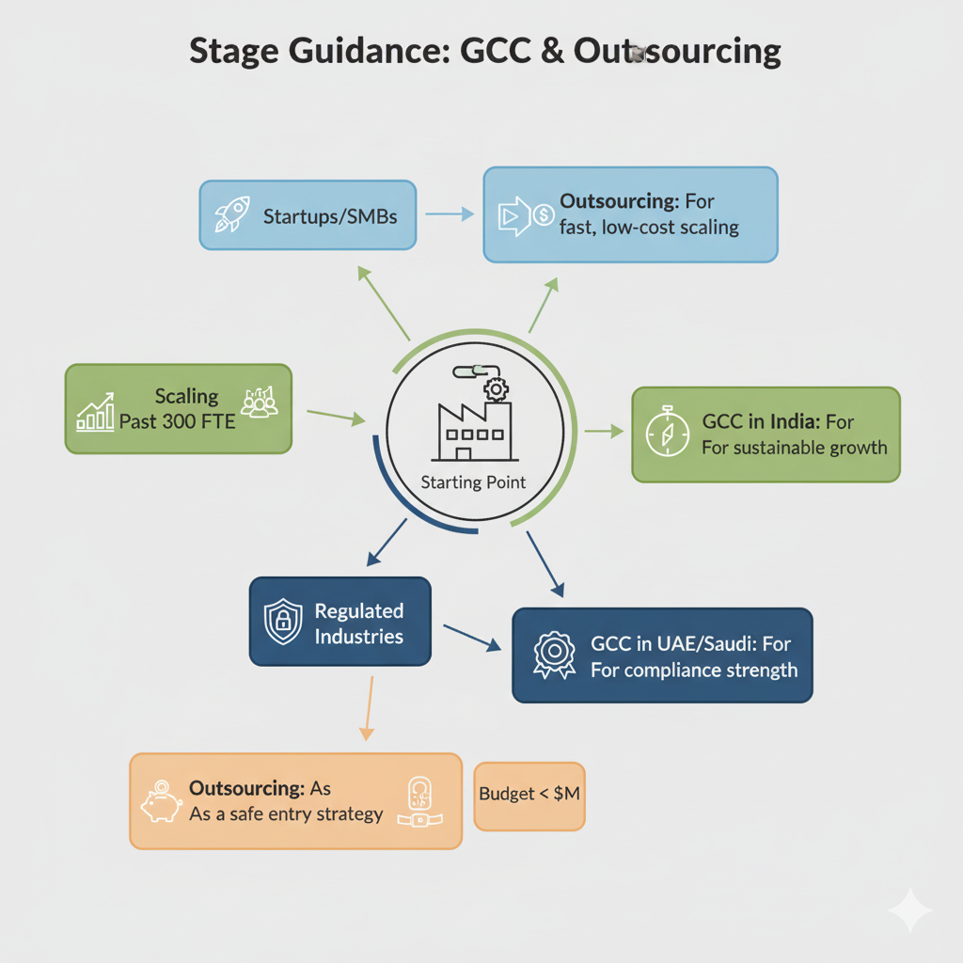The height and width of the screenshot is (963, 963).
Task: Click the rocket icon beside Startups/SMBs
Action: (232, 214)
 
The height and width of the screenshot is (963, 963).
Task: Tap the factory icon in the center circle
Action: (471, 429)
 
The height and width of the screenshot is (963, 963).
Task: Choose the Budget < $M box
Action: (529, 795)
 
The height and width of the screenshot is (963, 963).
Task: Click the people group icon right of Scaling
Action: (260, 402)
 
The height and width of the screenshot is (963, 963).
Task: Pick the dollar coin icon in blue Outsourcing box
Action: (543, 215)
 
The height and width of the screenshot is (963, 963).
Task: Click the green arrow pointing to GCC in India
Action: (604, 431)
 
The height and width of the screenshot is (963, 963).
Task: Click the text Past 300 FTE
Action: (178, 420)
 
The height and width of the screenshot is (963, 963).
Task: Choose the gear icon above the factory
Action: (492, 389)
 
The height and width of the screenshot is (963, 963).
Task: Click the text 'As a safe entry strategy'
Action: (286, 813)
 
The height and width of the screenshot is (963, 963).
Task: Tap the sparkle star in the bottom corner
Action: (909, 910)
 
